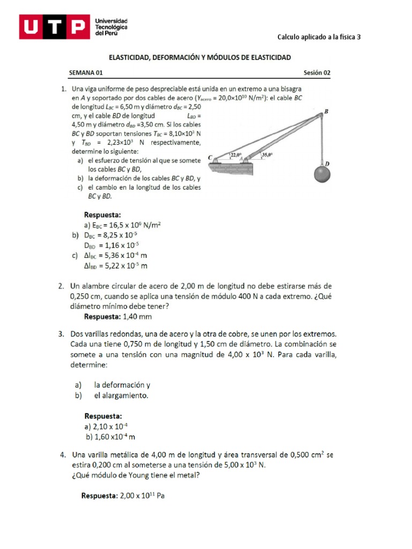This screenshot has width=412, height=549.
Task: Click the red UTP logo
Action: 54,27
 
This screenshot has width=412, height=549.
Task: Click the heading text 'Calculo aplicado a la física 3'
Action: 319,37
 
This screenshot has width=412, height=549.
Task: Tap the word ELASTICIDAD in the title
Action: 131,57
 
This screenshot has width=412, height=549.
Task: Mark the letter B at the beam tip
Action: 326,112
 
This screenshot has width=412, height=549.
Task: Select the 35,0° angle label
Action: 267,155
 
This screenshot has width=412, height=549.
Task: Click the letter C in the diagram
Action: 210,157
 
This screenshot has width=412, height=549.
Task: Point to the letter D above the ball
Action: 327,163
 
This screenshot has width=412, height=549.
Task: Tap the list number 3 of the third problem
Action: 62,333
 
